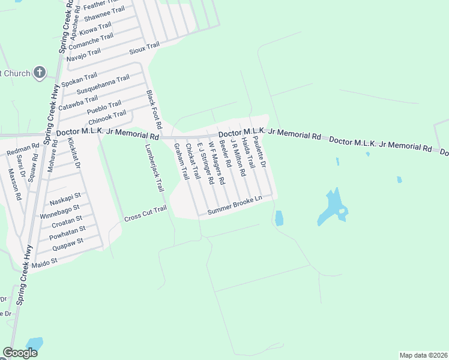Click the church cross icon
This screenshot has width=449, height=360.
click(40, 73)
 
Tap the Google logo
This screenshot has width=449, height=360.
click(20, 353)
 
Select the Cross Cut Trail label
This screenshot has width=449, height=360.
click(145, 214)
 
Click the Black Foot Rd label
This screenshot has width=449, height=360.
click(154, 110)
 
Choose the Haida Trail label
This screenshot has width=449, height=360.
click(249, 152)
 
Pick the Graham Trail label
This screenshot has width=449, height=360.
click(181, 161)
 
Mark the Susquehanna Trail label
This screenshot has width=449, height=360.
click(103, 86)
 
